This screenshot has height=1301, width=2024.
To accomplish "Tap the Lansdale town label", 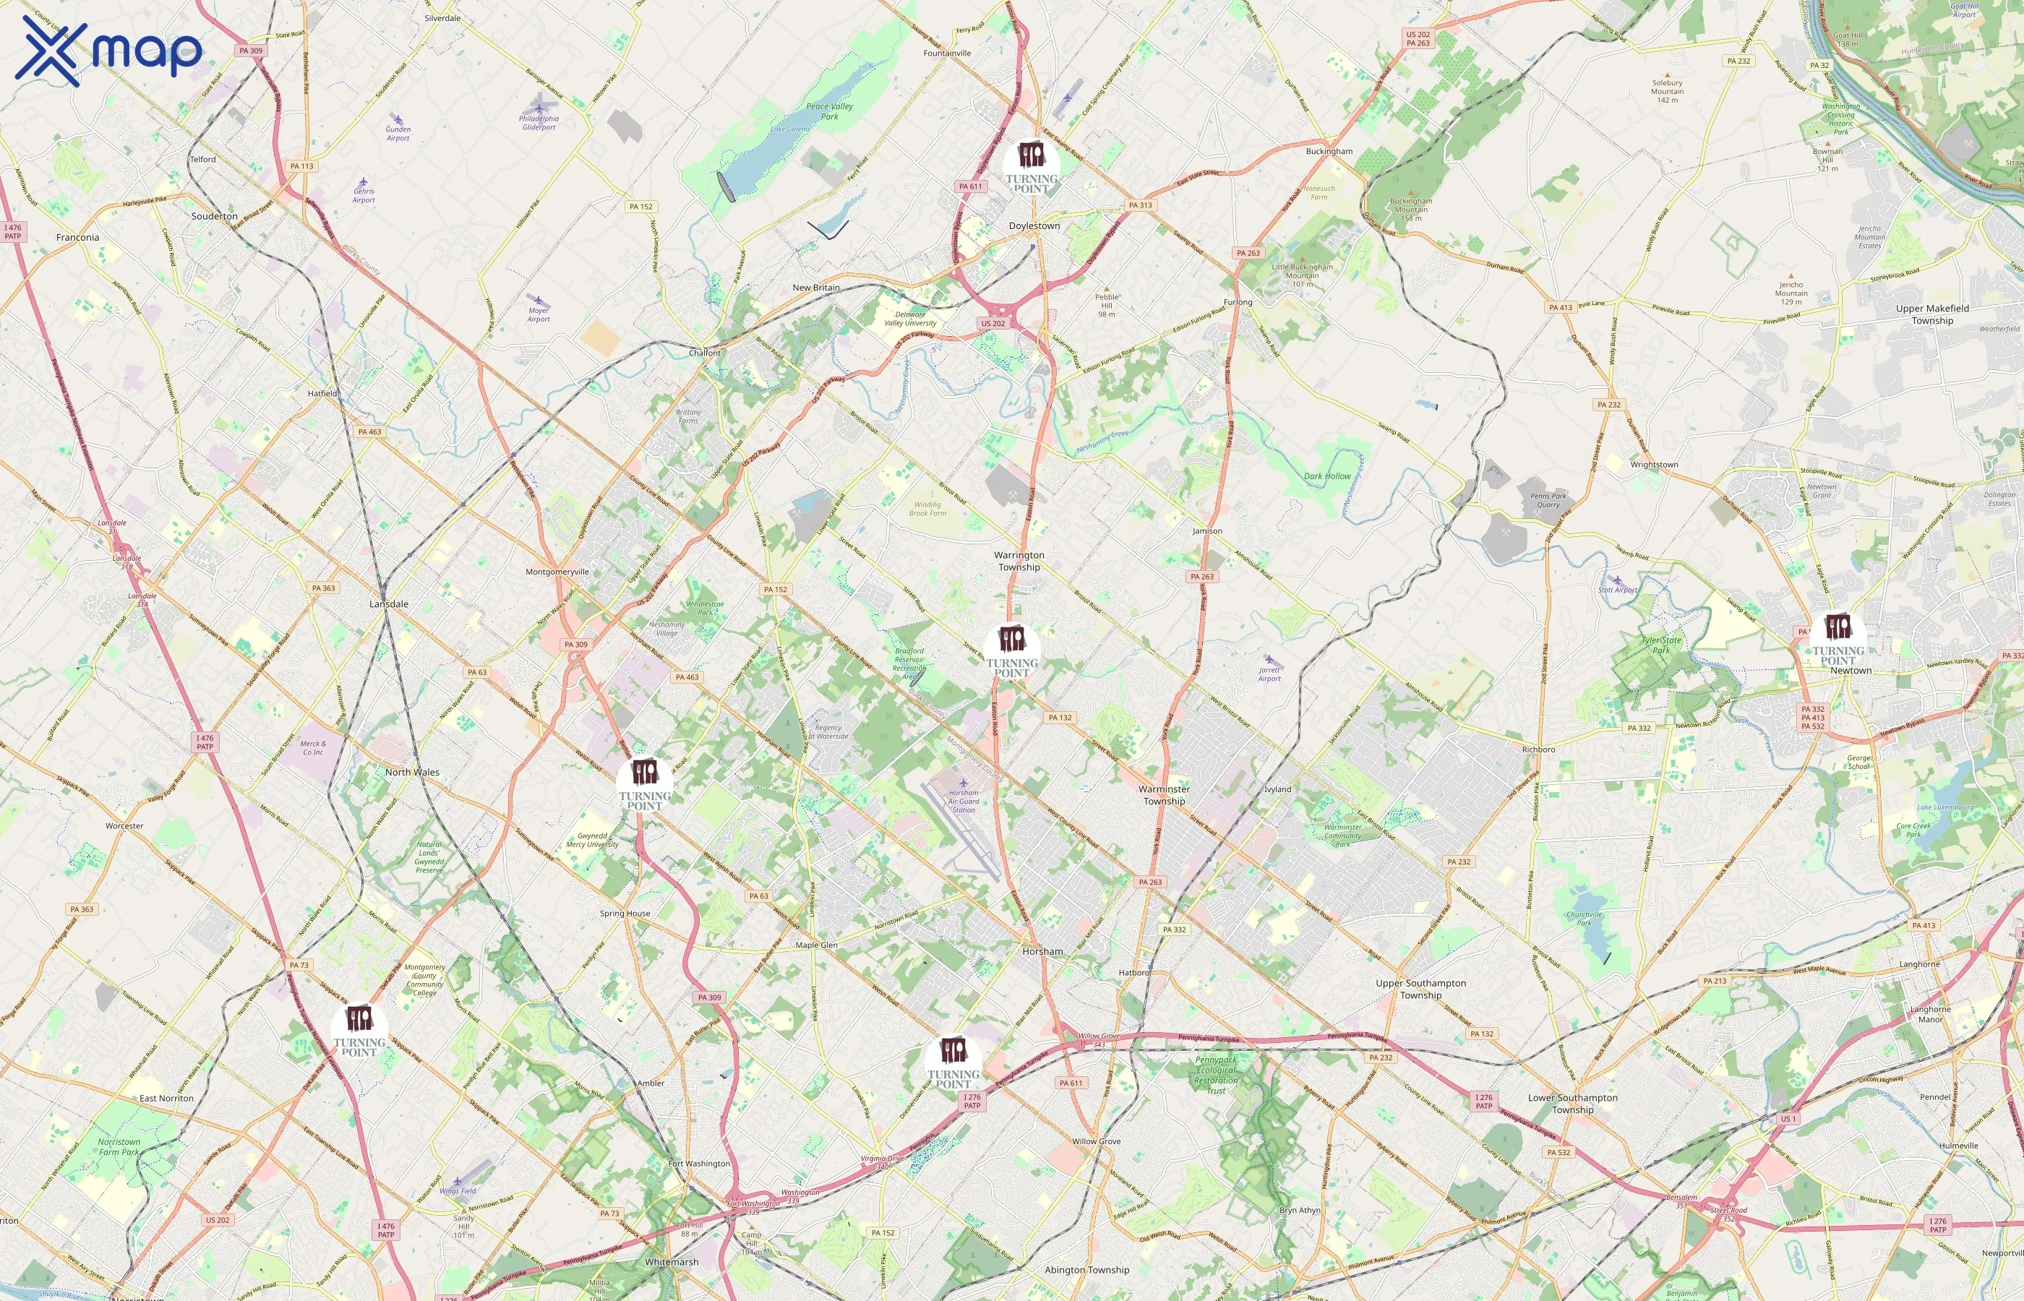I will tap(389, 604).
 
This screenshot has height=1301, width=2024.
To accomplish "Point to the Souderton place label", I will tap(215, 216).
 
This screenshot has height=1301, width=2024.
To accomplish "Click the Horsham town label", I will tap(1042, 951).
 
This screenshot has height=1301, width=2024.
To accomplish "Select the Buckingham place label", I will tap(1329, 151).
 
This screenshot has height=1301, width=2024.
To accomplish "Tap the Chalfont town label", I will tap(705, 353).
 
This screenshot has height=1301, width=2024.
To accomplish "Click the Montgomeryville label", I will tap(557, 572).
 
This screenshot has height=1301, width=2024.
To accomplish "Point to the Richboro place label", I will tap(1538, 750).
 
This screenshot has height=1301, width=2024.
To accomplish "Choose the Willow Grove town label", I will tap(1096, 1141).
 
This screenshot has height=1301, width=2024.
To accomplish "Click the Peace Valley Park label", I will tap(830, 111).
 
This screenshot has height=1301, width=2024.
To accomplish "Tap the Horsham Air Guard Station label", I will tap(964, 801).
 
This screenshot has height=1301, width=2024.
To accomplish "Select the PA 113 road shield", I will tap(301, 166).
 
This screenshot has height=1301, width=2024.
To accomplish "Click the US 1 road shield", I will tap(1788, 1119).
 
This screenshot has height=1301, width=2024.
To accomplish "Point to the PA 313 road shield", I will tap(1139, 205).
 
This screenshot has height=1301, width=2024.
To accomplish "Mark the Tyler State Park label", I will tap(1660, 645).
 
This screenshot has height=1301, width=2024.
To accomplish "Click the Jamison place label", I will tap(1207, 531).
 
